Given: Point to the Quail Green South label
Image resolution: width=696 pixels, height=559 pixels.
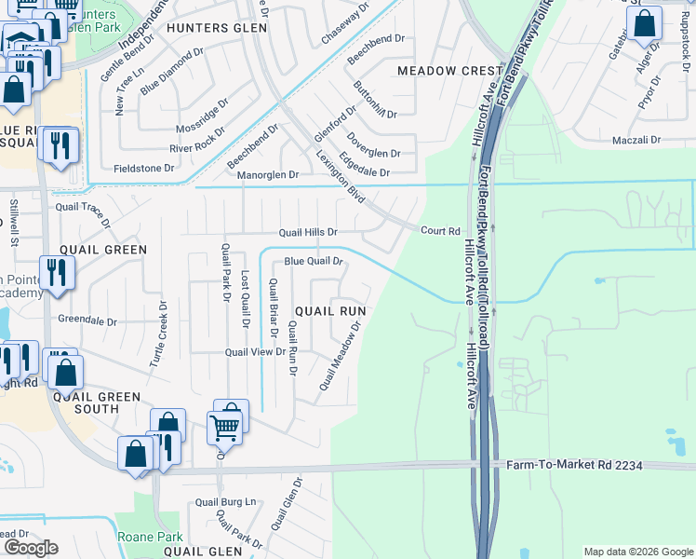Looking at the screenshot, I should coord(99,402).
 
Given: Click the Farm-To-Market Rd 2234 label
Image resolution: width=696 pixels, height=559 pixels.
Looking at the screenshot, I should coord(574,464).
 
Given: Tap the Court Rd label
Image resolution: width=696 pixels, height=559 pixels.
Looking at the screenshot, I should coord(441,231).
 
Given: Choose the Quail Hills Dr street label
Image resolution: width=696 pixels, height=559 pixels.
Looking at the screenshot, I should coord(308,232).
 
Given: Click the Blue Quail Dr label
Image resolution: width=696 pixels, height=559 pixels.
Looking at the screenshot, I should coord(315,262).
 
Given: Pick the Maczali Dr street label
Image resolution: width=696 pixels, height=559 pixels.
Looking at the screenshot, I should coord(636,140).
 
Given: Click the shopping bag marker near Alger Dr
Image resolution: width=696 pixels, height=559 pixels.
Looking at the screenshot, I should coord(644,22).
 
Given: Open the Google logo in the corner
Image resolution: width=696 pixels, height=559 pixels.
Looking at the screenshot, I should coord(30,548).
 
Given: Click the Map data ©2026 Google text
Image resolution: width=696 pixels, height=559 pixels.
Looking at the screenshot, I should coord(637,552).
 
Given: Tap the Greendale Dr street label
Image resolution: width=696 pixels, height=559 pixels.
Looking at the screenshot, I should coord(87,320).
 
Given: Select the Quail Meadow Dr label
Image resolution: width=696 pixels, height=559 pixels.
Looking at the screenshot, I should coord(340,357).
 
